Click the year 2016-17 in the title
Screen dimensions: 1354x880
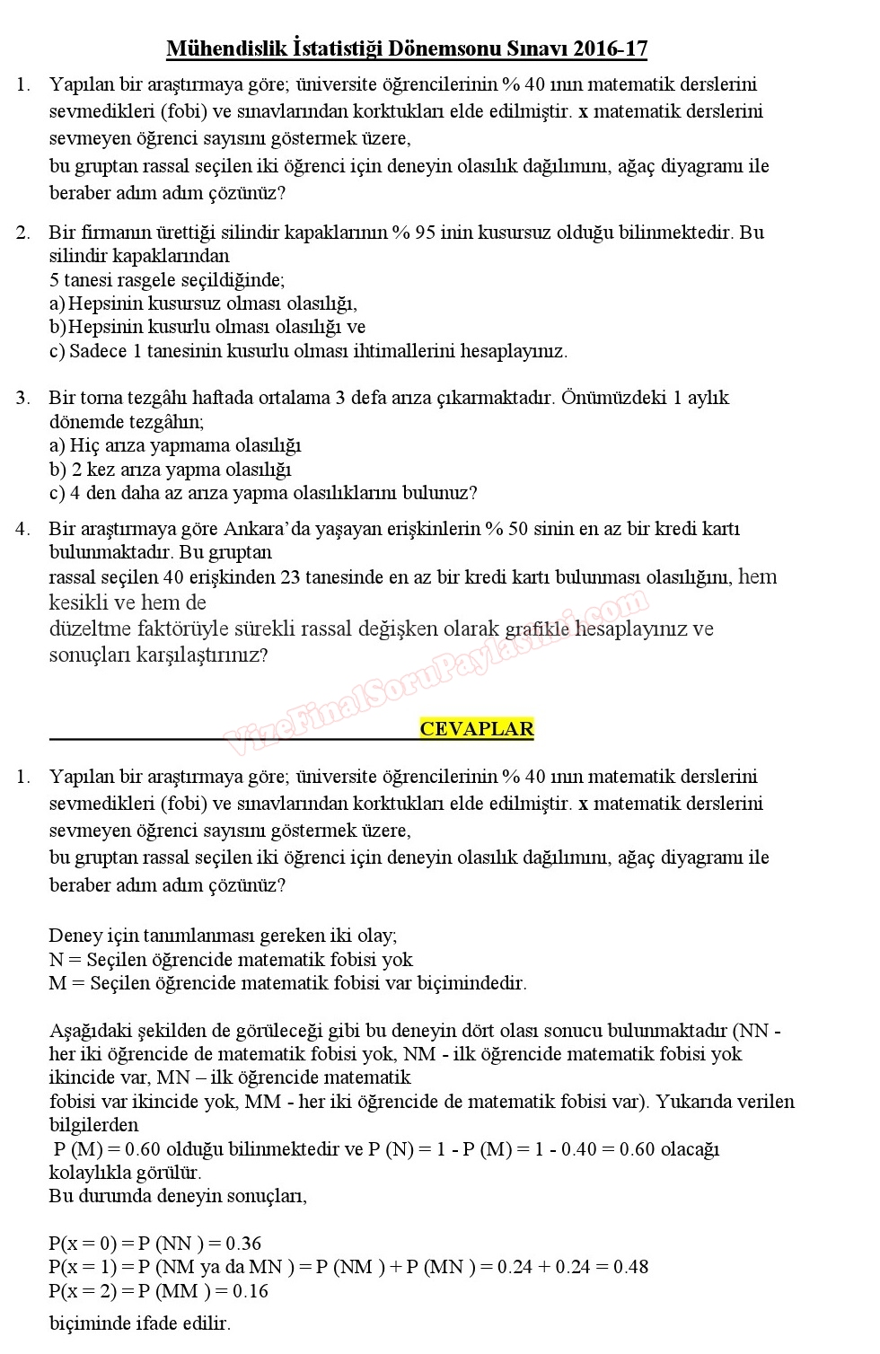point(610,48)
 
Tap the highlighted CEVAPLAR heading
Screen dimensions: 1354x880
point(476,729)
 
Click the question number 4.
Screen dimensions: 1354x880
point(22,529)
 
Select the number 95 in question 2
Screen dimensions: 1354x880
point(426,233)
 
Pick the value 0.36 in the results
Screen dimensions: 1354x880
point(243,1244)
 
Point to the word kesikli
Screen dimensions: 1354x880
point(79,602)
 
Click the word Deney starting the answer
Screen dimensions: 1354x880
point(75,936)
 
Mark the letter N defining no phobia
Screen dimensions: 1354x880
point(56,960)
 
